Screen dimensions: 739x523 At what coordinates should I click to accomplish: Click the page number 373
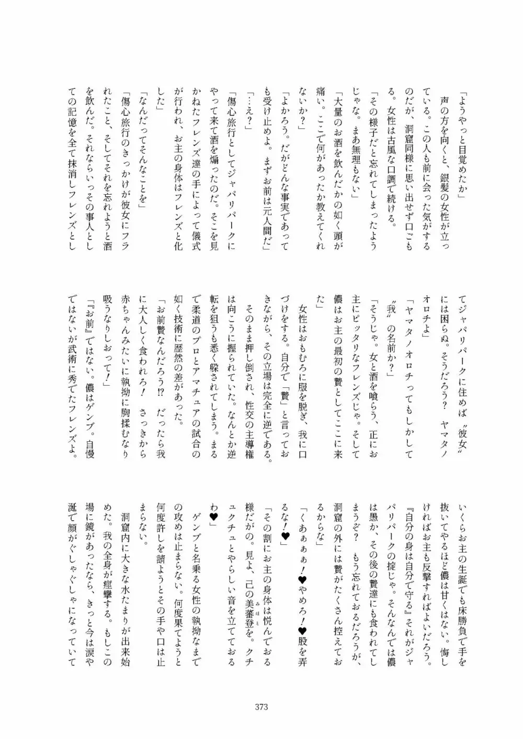[261, 707]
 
